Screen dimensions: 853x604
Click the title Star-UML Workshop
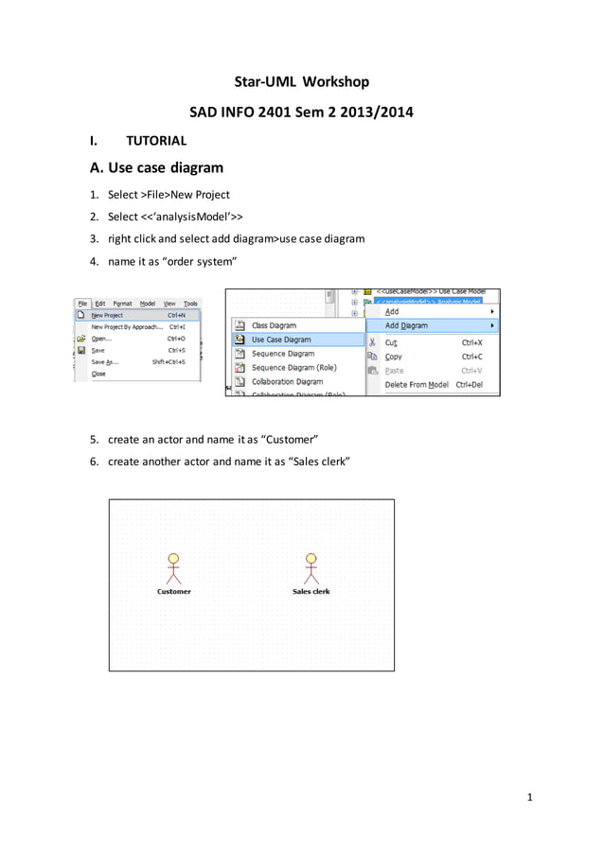point(302,82)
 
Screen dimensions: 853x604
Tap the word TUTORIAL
point(156,141)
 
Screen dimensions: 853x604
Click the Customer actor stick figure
point(172,568)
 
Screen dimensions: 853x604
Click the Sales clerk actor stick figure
point(311,568)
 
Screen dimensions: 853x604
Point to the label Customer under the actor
point(173,592)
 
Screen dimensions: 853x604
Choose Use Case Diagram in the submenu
point(281,339)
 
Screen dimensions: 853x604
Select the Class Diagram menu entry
point(274,325)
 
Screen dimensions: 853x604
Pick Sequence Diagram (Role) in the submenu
point(293,368)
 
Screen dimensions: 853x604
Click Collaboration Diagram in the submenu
point(287,382)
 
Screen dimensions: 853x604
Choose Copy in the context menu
point(394,357)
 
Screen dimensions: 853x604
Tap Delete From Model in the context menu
point(417,385)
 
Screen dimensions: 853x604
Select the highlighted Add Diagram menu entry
point(406,325)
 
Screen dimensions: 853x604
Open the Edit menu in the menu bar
point(100,304)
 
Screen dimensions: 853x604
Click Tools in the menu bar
point(190,304)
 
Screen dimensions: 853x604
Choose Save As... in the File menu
point(104,361)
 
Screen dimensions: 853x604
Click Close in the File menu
point(98,374)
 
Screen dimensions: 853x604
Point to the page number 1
point(530,797)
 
